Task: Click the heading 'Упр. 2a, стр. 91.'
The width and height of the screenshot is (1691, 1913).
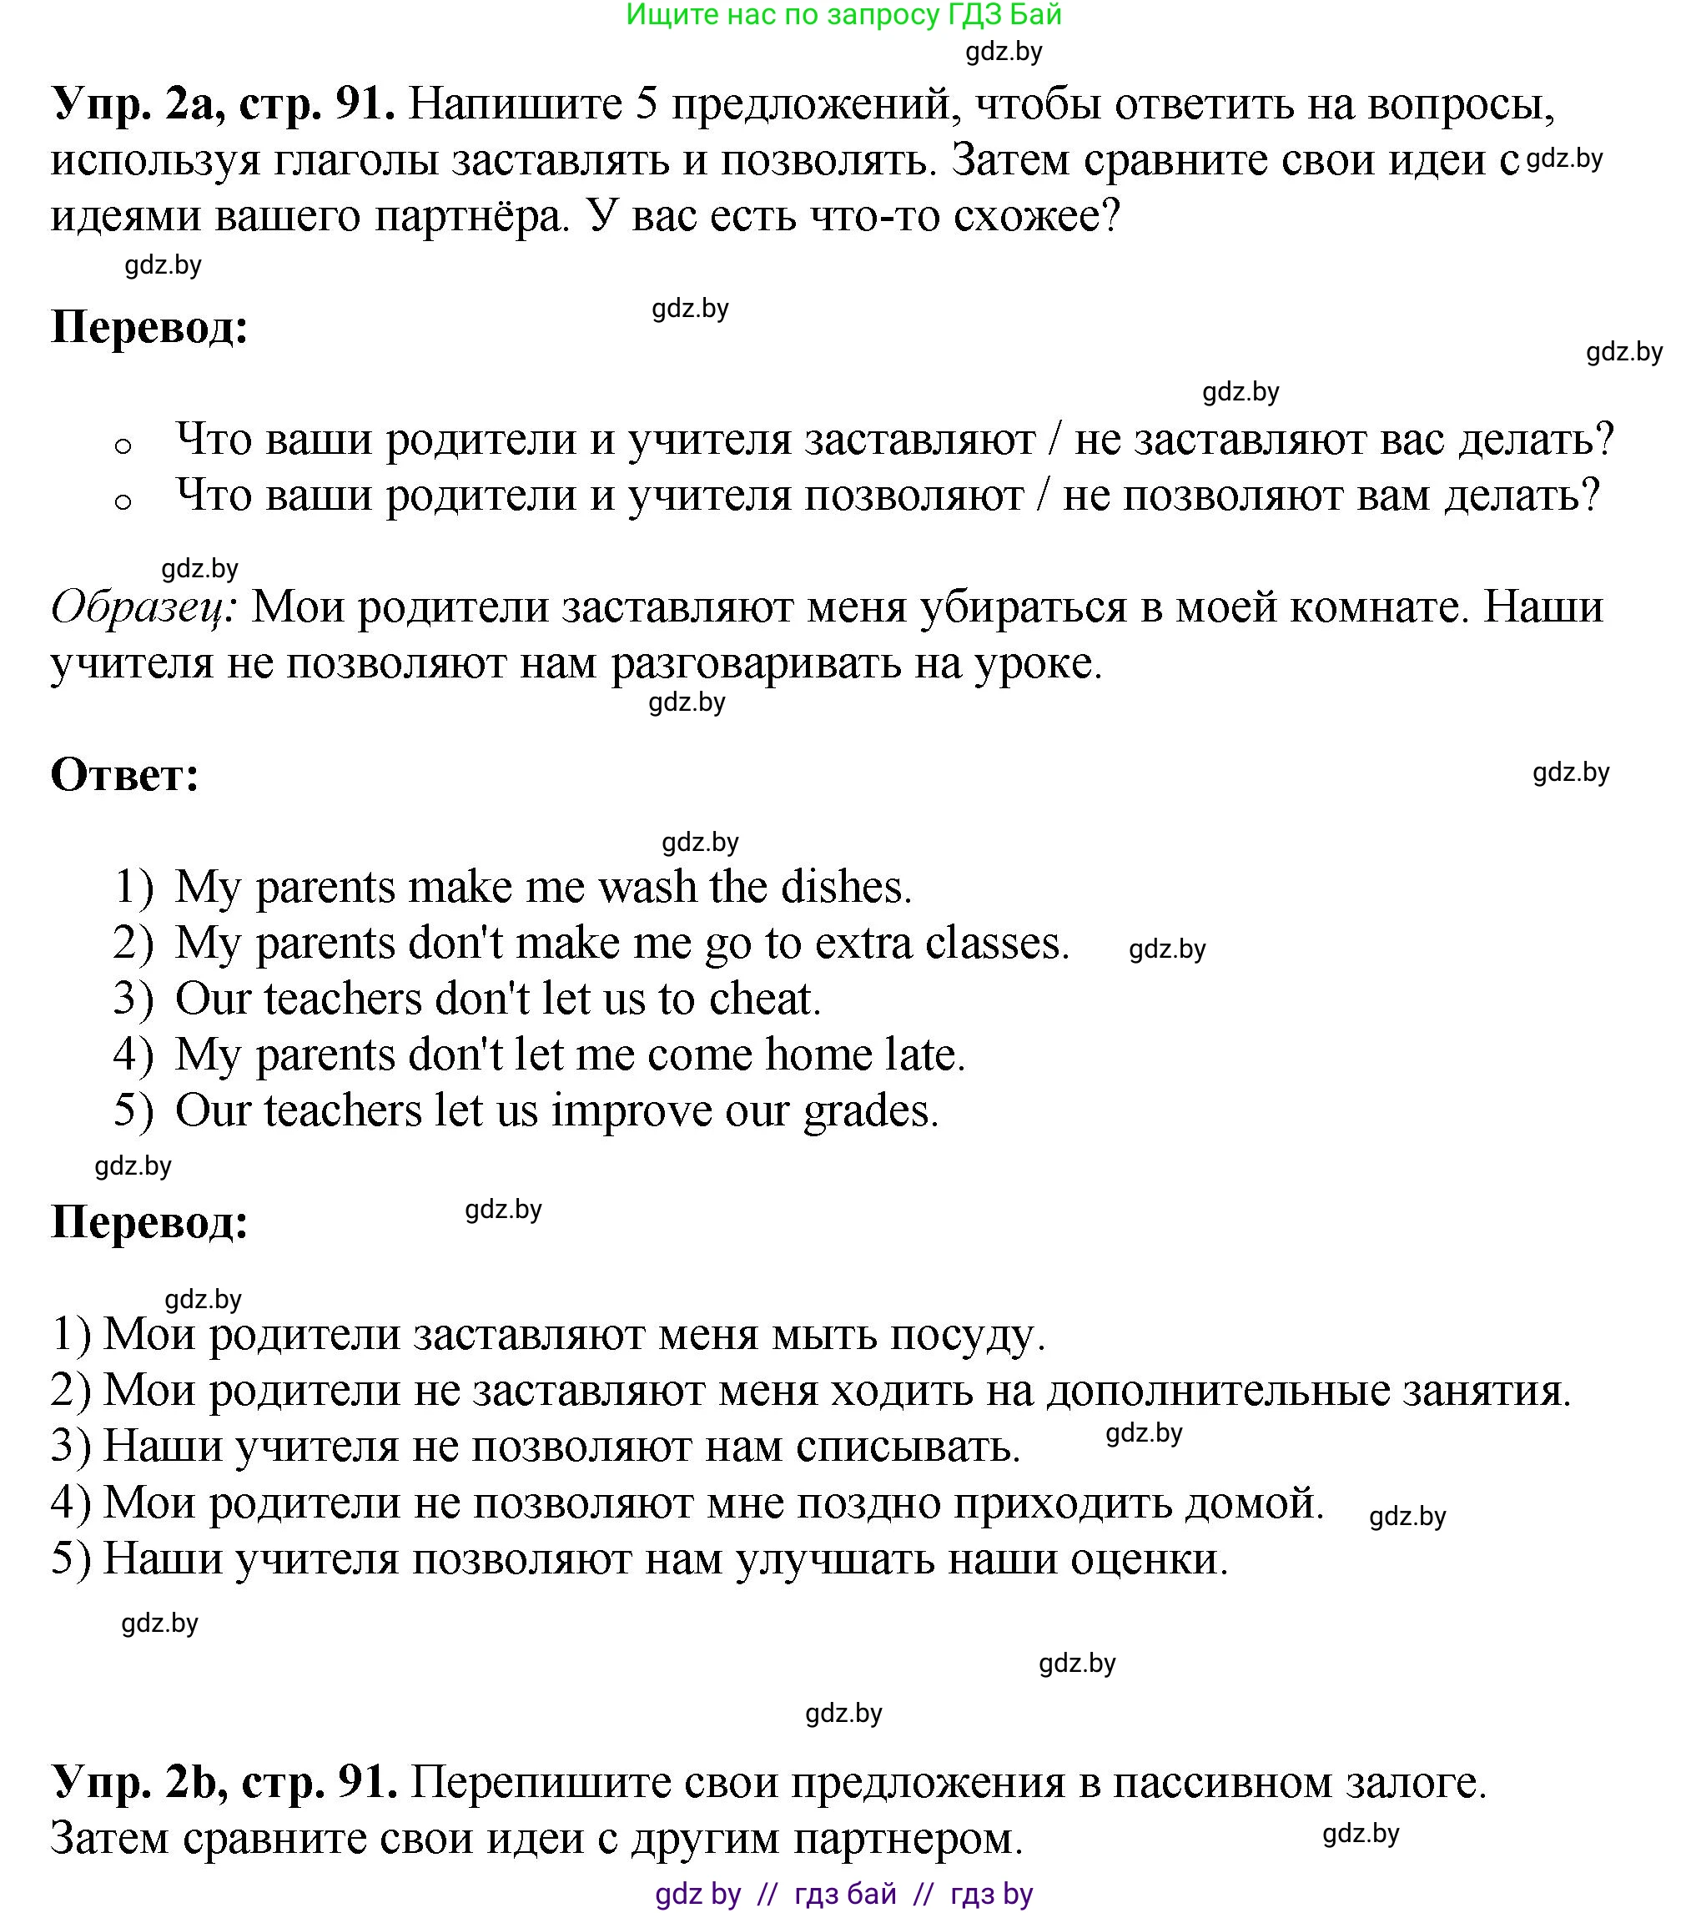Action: (x=223, y=103)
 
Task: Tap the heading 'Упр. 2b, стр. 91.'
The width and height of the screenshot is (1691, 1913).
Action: (x=224, y=1781)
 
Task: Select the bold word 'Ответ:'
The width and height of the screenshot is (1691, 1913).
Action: (x=124, y=775)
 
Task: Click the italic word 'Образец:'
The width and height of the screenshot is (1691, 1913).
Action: (x=144, y=607)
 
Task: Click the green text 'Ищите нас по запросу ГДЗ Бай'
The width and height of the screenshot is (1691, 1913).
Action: (x=844, y=15)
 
